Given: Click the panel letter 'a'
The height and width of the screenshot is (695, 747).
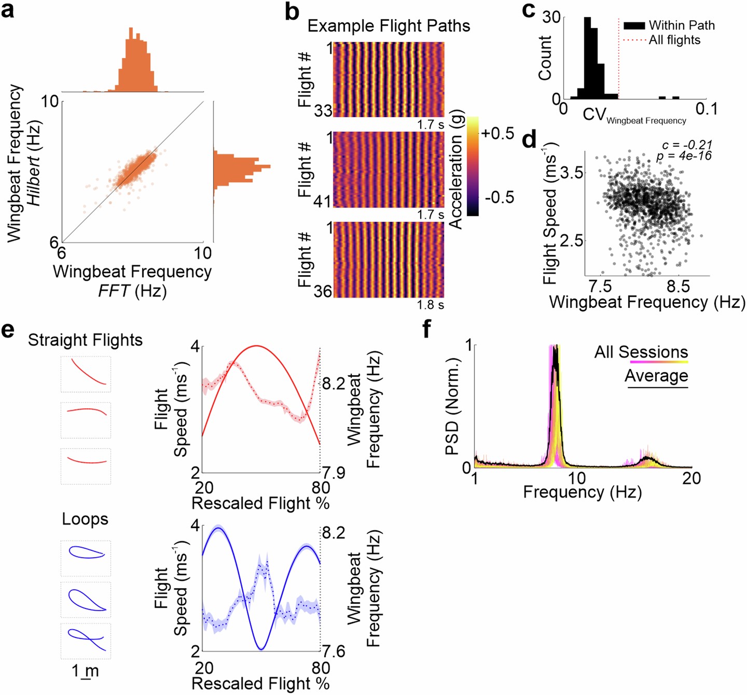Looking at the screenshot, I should point(8,10).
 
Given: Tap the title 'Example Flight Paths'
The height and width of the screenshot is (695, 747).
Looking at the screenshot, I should point(389,26).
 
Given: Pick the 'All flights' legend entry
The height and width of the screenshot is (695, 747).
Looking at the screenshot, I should point(674,40).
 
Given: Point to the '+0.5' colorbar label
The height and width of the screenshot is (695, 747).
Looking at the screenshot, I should point(497,133).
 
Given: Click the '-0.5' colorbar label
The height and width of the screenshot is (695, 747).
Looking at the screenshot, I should point(499,197).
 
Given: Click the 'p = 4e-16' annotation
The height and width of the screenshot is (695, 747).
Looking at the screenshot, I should point(684,155).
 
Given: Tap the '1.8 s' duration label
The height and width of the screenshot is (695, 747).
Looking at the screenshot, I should point(430,305).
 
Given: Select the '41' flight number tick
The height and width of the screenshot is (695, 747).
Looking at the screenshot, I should point(322,201).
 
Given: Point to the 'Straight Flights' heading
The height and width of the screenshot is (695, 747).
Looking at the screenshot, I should point(85,340).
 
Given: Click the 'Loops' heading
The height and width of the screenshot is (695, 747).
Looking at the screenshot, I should point(85,519).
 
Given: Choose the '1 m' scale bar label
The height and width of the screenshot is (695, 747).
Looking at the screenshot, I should point(85,671).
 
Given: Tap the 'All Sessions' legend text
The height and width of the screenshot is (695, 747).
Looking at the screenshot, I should point(641,352).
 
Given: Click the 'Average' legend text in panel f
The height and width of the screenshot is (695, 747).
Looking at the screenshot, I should point(656,375).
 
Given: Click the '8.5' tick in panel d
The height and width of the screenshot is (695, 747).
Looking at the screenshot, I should point(678,287).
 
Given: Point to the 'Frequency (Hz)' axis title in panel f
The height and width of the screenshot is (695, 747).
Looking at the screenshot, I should point(582,492).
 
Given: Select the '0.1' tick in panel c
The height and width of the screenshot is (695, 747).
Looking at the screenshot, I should point(706,109).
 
